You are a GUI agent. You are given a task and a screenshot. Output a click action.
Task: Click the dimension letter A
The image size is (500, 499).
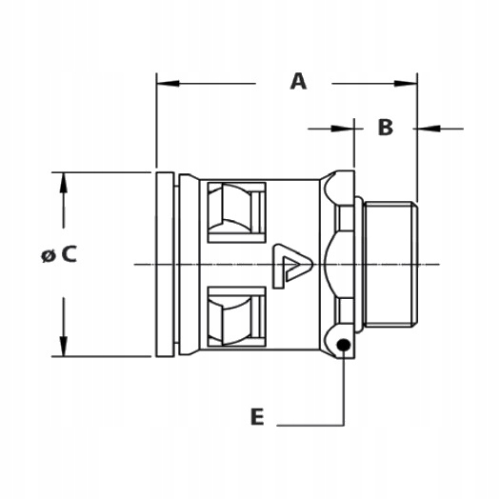298,81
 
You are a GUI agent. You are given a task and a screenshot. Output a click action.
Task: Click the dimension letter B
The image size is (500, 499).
386,127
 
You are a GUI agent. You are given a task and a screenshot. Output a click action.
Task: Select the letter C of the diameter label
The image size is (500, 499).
70,254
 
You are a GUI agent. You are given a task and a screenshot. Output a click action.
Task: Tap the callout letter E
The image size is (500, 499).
257,416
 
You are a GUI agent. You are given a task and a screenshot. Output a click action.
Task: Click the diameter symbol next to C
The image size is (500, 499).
49,256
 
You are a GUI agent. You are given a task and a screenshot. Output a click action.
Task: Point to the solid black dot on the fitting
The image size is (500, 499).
344,345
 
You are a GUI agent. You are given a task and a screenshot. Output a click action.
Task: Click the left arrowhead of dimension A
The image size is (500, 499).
168,84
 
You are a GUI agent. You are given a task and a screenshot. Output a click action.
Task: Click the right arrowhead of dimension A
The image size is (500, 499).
406,84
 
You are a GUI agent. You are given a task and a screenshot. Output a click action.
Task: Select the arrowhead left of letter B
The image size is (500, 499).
343,129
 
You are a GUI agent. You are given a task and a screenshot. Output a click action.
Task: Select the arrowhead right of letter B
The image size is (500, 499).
429,129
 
